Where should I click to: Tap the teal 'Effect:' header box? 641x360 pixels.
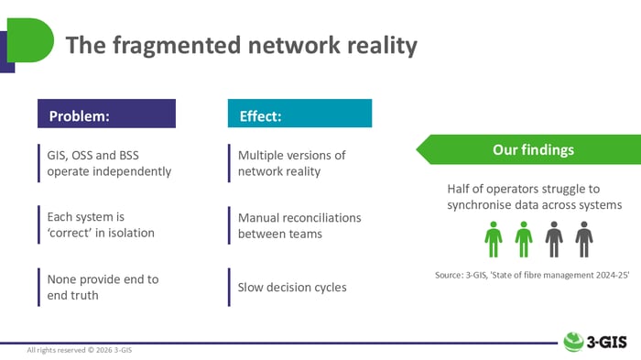(x=299, y=116)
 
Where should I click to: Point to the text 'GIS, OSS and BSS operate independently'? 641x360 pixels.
(x=109, y=163)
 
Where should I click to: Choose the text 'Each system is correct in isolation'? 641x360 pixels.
(x=101, y=224)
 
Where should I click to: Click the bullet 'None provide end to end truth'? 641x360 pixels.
(x=103, y=287)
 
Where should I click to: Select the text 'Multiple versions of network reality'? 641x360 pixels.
(x=291, y=163)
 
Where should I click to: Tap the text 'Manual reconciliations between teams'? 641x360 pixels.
(x=299, y=225)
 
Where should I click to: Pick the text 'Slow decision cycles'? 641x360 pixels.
(x=292, y=288)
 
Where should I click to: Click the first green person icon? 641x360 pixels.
(x=494, y=239)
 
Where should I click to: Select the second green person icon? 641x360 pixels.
(x=524, y=239)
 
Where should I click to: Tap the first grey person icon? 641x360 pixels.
(x=554, y=239)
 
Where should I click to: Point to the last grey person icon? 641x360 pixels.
(x=583, y=239)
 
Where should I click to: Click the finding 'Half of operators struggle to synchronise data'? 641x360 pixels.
(x=534, y=196)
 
